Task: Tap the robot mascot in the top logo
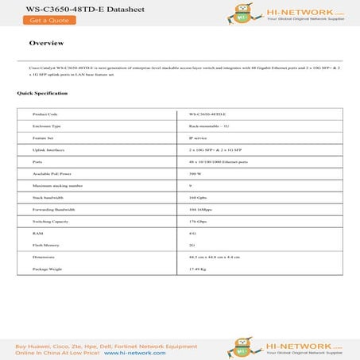pyautogui.click(x=235, y=12)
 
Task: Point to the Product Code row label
pyautogui.click(x=45, y=114)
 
